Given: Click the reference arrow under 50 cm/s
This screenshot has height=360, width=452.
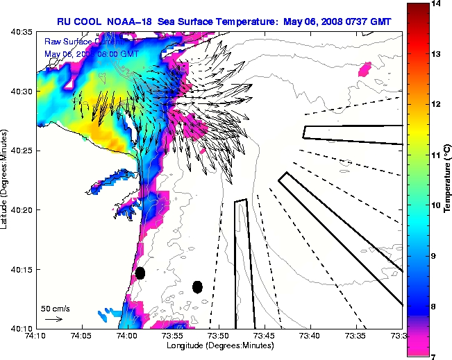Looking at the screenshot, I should tap(53, 319).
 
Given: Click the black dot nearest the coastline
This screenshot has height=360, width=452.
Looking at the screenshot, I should tap(140, 273).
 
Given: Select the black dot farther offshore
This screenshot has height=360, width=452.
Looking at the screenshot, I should tap(198, 286).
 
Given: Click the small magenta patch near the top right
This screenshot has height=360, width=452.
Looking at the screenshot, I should tap(365, 69).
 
